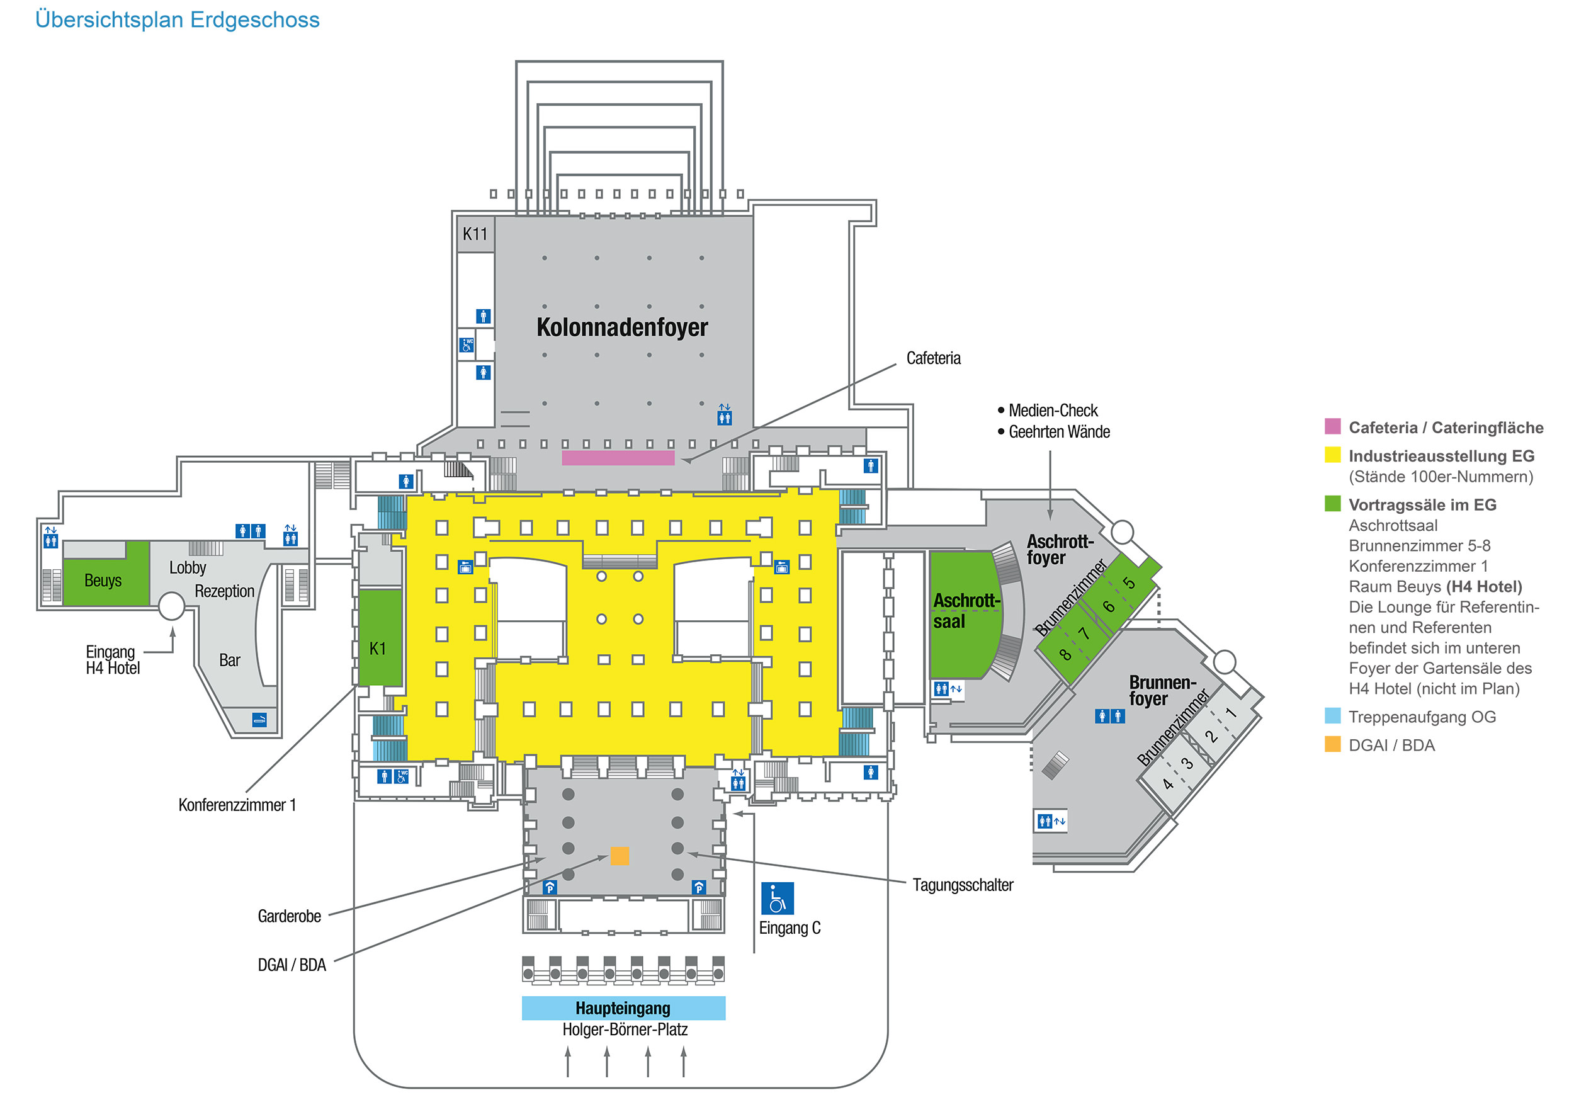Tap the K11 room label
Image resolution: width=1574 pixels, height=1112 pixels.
pos(474,234)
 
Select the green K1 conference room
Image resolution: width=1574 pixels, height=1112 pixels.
pos(379,638)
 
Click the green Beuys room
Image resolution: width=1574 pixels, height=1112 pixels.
pos(105,580)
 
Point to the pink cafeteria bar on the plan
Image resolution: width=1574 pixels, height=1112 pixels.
pos(618,458)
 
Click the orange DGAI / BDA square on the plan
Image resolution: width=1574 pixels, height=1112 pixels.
pos(619,856)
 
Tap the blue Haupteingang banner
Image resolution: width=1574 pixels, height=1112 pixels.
pos(623,1008)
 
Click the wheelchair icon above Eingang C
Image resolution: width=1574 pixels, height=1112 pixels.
pos(777,898)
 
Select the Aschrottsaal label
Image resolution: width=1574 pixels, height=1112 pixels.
pos(965,611)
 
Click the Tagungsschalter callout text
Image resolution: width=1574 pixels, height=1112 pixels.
pos(962,885)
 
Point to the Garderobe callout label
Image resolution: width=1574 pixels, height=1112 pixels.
pos(289,916)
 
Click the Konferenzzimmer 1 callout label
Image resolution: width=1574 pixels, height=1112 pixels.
pos(237,805)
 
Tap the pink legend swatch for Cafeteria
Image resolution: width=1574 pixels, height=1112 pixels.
pos(1332,426)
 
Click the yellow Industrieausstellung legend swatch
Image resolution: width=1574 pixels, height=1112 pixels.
pos(1332,455)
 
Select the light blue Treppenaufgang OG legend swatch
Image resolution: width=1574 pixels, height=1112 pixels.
pos(1332,716)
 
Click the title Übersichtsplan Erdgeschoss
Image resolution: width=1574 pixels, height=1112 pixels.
pos(177,20)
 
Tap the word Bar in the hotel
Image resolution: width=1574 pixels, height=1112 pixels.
pos(230,660)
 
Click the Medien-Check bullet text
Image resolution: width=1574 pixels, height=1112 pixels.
pos(1052,411)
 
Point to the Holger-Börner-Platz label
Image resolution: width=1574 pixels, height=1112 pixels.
pos(625,1029)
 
